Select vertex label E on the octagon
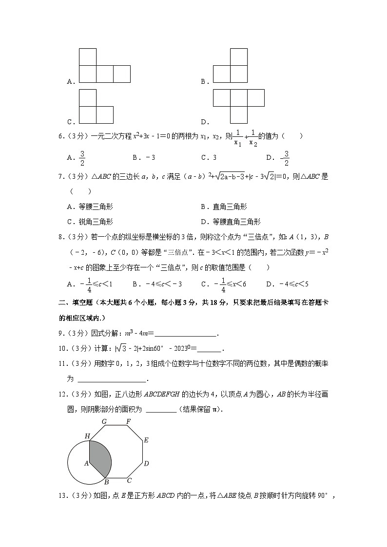[x=146, y=440]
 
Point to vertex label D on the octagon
[x=146, y=463]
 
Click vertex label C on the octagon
[x=129, y=481]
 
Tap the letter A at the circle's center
[x=86, y=463]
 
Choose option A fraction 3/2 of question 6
[x=82, y=158]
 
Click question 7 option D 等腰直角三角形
[x=237, y=221]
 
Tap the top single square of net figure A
[x=88, y=57]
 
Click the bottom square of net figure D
[x=239, y=115]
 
